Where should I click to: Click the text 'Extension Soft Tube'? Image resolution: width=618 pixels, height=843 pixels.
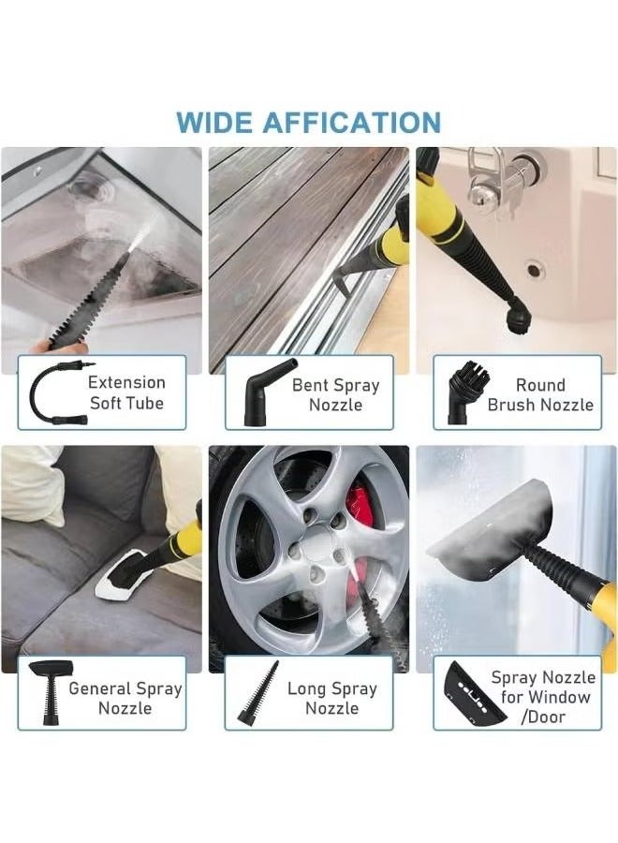pos(126,392)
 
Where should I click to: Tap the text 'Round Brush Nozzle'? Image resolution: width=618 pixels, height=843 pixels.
pos(540,394)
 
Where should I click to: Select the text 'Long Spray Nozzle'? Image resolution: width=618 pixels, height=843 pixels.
pos(332,698)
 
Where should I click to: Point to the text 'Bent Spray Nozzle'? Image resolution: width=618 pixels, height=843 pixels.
pos(335,394)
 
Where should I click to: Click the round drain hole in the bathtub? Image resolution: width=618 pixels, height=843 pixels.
pos(534,269)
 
